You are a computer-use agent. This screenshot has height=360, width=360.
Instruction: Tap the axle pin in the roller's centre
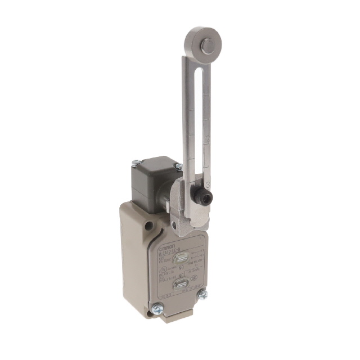tap(208, 46)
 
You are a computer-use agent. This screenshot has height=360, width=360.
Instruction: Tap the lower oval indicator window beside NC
tap(181, 285)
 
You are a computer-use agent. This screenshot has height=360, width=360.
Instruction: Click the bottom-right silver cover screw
tap(202, 294)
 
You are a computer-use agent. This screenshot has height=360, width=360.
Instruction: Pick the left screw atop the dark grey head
tap(135, 164)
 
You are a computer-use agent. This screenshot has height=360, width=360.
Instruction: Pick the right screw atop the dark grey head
tap(178, 166)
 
